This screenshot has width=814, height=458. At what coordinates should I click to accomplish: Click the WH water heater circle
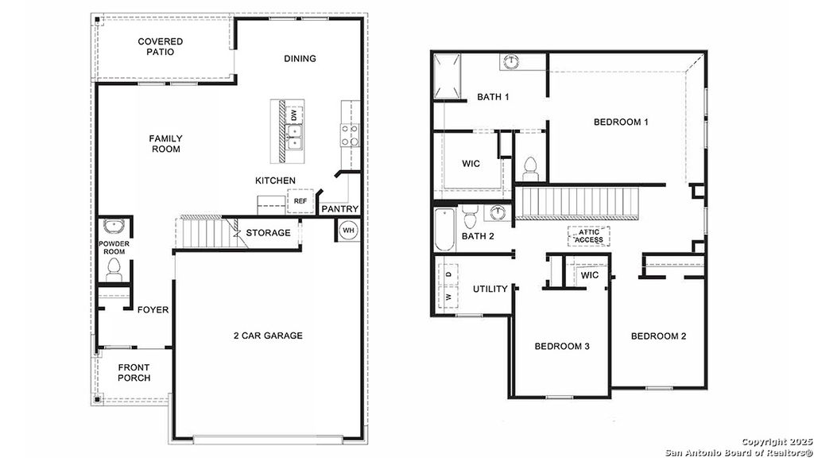click(348, 231)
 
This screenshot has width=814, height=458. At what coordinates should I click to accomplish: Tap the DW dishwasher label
click(294, 115)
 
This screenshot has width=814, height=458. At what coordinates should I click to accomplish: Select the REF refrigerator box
click(300, 201)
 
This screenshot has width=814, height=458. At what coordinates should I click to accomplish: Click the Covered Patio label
click(161, 47)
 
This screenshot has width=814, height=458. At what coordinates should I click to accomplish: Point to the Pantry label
click(340, 209)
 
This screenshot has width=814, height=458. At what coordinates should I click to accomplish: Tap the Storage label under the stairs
click(267, 233)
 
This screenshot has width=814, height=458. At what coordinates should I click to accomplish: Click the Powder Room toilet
click(114, 268)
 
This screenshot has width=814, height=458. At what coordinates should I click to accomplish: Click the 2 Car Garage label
click(268, 336)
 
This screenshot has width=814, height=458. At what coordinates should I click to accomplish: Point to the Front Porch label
click(134, 373)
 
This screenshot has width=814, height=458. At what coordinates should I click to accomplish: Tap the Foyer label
click(153, 309)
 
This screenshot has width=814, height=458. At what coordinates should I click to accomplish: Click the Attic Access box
click(589, 236)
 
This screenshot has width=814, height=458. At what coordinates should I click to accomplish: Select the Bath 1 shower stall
click(448, 76)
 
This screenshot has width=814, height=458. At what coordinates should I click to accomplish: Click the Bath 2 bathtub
click(443, 229)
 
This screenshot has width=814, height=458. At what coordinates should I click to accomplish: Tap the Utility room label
click(490, 289)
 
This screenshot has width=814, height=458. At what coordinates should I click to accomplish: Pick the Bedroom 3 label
click(562, 346)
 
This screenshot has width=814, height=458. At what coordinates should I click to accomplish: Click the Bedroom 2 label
click(658, 336)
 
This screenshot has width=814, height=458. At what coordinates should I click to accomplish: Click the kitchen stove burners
click(351, 136)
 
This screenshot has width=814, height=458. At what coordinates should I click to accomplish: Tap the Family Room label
click(165, 144)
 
